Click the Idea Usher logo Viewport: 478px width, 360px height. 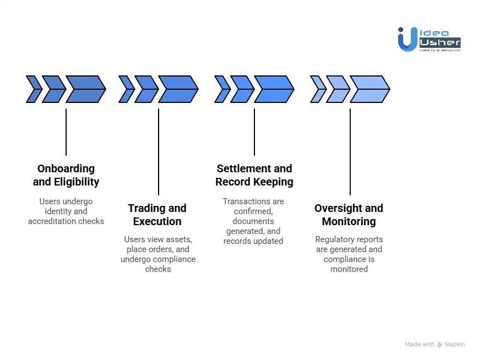[428, 39]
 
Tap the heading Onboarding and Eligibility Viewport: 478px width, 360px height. [66, 175]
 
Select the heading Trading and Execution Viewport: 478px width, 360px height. [157, 215]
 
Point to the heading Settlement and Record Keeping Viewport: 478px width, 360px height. [254, 175]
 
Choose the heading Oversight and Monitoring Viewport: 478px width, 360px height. [349, 215]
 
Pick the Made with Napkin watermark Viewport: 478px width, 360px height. [434, 345]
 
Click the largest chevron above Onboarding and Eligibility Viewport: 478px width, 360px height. [86, 89]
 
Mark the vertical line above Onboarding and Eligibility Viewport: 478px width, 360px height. [66, 132]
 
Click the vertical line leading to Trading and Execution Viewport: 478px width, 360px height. [159, 151]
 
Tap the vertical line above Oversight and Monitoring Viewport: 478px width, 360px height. [350, 151]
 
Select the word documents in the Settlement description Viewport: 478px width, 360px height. [253, 221]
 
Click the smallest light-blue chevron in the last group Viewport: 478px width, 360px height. [318, 89]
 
